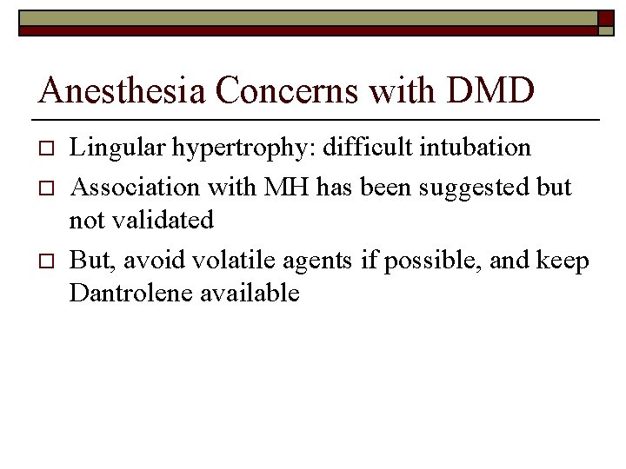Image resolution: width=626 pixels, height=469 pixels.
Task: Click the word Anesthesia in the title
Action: [x=112, y=89]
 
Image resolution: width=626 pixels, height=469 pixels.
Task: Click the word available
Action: [x=250, y=294]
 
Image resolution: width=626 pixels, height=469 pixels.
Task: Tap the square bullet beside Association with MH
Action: [x=47, y=187]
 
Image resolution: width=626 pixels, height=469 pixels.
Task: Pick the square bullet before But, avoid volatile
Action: [x=47, y=260]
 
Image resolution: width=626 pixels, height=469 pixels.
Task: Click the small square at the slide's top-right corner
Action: [x=606, y=19]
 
